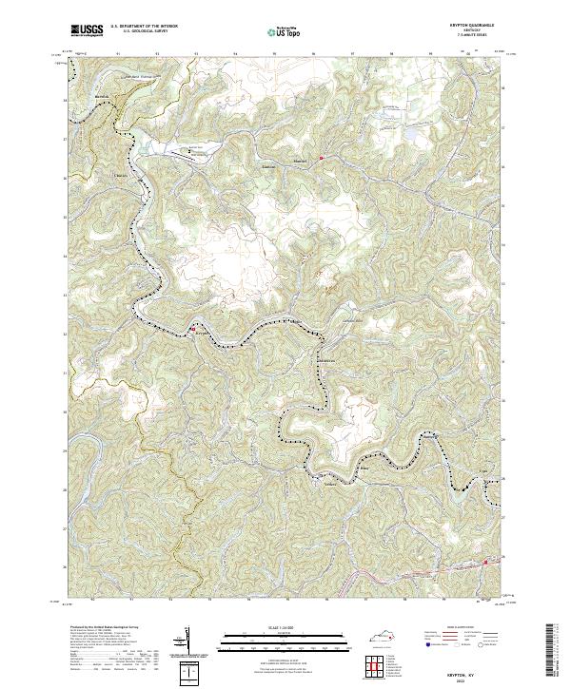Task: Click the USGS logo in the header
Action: pos(89,30)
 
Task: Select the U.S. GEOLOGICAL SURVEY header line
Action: pos(145,31)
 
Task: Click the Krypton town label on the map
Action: pos(201,334)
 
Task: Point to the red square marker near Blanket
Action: pos(322,157)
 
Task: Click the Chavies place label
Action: pos(120,175)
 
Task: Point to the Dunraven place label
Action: pos(326,361)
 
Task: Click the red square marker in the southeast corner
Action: pos(485,562)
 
